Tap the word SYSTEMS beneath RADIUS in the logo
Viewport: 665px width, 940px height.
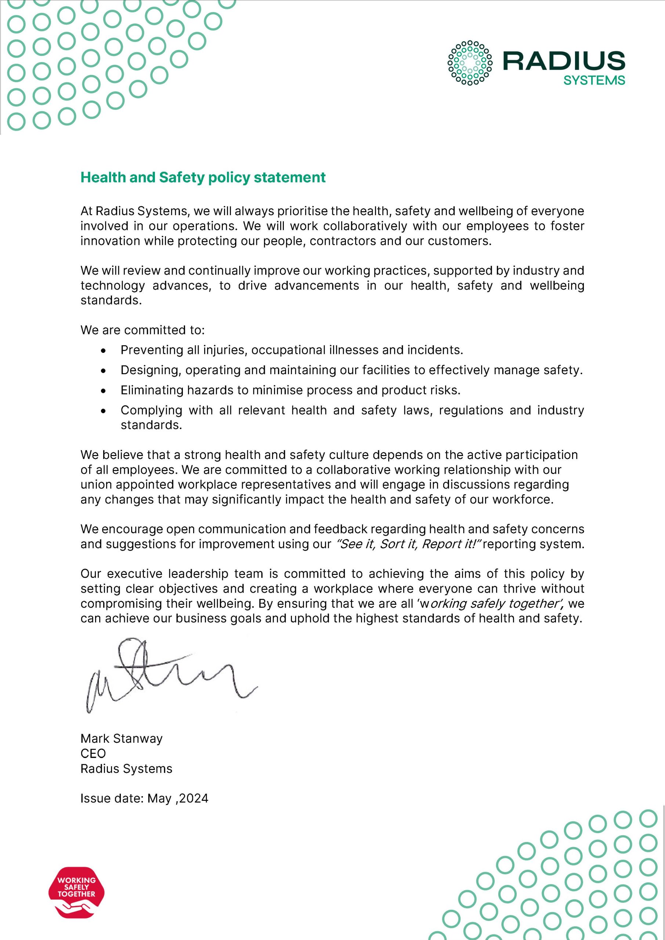pos(594,81)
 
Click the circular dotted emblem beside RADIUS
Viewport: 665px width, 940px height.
pos(470,63)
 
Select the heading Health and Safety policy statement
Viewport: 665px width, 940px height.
pos(203,177)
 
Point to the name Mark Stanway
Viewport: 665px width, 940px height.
pos(122,738)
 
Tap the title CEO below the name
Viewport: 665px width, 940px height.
pos(93,753)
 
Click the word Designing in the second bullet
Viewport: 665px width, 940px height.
pos(150,370)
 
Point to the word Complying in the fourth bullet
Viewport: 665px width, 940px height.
pos(151,410)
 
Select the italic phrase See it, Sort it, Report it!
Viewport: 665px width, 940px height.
pos(408,544)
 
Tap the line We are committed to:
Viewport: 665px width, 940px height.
pos(142,330)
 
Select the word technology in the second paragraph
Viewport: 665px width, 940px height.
pos(113,285)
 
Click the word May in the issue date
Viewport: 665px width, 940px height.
pos(159,798)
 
